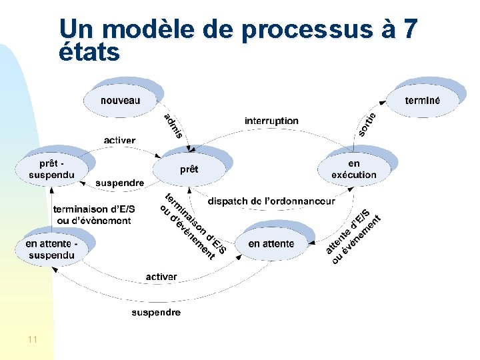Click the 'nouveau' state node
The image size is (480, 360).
point(121,101)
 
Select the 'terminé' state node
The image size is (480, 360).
point(422,101)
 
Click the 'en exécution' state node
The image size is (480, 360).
point(353,169)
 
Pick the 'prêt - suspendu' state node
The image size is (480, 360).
point(52,169)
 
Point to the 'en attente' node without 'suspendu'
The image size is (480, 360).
point(271,244)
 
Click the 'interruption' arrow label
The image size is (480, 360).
point(271,121)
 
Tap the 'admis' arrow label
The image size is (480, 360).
point(173,126)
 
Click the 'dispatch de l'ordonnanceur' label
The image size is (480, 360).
point(271,201)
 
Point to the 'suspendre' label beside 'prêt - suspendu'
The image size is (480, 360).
point(119,183)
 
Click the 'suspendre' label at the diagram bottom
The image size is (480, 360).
point(156,312)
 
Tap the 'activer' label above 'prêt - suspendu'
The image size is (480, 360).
point(119,140)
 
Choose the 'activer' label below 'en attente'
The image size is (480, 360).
point(161,277)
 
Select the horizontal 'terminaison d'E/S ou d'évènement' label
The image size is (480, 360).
point(94,215)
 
